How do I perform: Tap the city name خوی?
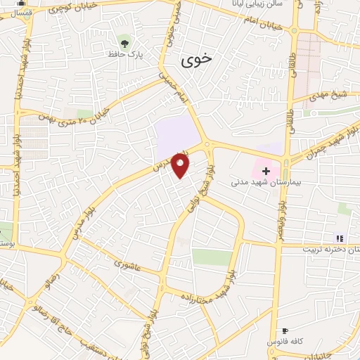195,60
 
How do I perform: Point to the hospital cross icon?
266,170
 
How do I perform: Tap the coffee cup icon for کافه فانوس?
285,330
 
